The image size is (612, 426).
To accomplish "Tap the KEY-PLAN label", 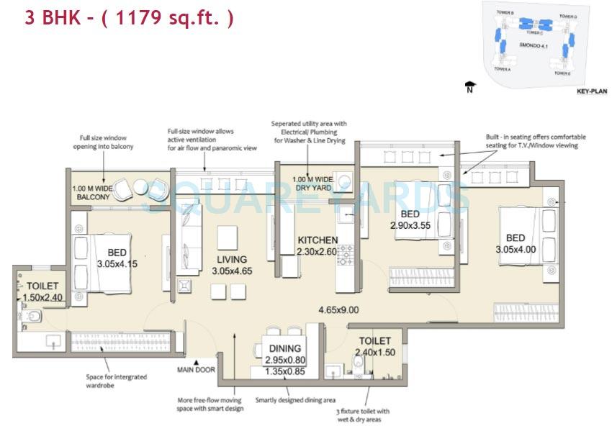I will tap(593, 92).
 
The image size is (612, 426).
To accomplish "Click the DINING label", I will tap(284, 348).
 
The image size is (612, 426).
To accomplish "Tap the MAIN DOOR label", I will tap(197, 371).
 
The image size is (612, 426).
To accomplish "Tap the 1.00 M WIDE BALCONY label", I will tap(91, 192).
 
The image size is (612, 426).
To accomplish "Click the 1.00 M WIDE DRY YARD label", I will tap(312, 183).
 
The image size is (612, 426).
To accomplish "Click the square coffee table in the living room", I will tap(228, 237).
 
